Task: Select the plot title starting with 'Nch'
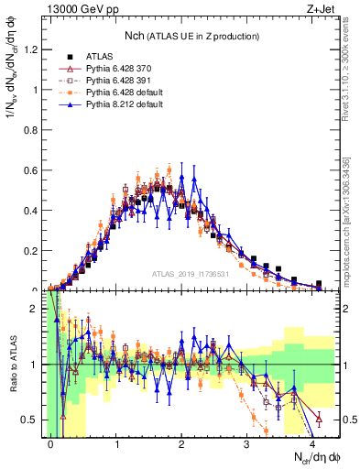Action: (x=191, y=36)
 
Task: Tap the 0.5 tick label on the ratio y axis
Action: (x=32, y=420)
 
